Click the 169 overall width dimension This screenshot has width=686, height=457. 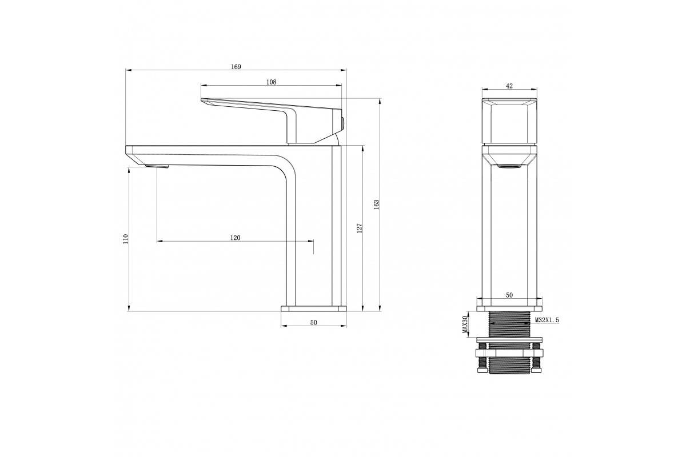236,67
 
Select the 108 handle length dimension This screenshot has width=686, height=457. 272,82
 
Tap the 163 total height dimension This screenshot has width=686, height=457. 377,205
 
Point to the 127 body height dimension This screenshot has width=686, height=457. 360,228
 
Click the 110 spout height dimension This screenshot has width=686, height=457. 126,239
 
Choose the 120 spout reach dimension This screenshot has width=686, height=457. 235,238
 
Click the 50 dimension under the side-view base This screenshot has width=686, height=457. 314,323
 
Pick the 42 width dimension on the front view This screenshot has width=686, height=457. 509,86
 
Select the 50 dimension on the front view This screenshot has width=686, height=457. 509,295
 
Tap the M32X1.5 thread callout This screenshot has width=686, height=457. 547,320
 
